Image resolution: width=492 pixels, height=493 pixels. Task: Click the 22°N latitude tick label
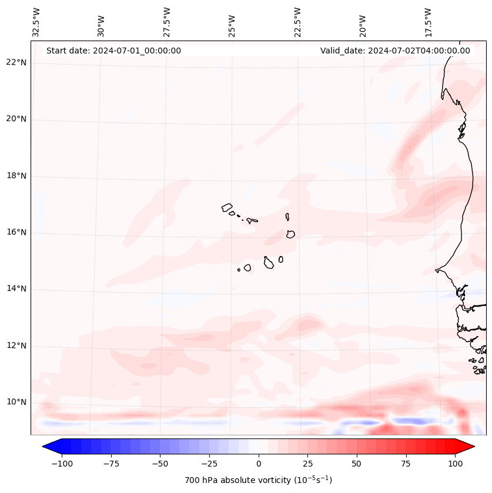click(x=16, y=62)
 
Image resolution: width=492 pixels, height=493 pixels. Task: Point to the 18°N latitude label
click(x=16, y=176)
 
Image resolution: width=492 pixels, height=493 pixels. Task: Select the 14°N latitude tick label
click(x=16, y=289)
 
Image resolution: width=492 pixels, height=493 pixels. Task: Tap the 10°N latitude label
click(x=16, y=403)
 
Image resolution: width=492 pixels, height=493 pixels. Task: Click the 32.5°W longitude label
click(x=36, y=22)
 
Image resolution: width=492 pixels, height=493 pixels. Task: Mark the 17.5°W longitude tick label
click(x=428, y=22)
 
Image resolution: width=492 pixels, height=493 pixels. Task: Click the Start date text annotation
click(x=113, y=51)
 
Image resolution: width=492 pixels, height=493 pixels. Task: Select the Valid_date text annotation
click(x=395, y=51)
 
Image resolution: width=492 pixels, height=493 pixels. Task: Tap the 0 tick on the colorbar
click(x=258, y=464)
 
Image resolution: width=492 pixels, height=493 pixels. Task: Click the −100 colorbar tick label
click(x=62, y=464)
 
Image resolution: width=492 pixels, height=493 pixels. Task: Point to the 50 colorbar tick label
click(x=356, y=464)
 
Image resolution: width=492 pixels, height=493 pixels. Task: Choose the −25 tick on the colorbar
click(x=209, y=464)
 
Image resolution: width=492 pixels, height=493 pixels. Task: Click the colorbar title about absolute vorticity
click(x=258, y=480)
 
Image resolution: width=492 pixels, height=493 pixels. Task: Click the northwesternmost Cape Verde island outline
click(x=227, y=207)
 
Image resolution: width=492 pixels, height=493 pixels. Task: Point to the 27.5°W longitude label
click(x=167, y=22)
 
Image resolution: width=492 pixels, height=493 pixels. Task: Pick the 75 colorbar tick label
click(x=406, y=464)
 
